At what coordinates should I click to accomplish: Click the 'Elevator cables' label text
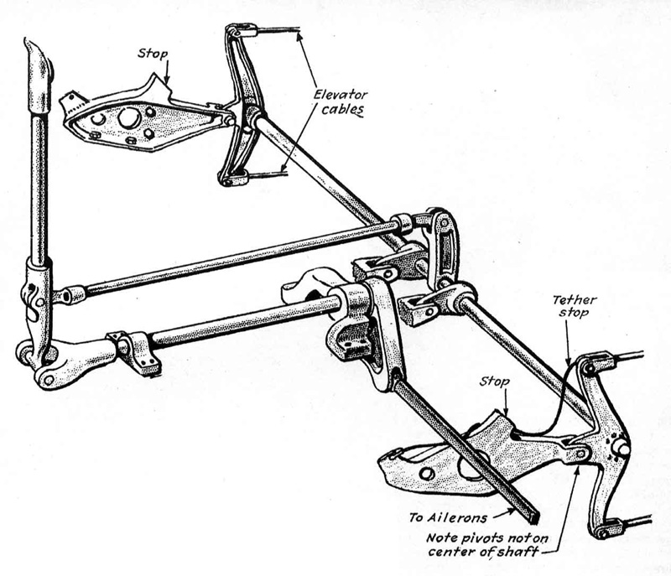[x=341, y=102]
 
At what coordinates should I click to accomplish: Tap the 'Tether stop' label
[x=575, y=306]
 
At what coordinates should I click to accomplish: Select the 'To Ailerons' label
[x=448, y=518]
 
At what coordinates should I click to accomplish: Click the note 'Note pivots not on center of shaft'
[x=487, y=544]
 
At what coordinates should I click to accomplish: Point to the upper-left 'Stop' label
[x=153, y=54]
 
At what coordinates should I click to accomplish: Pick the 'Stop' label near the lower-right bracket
[x=494, y=381]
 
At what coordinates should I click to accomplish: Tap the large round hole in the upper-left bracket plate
[x=129, y=118]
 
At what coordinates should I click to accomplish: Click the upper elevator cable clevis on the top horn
[x=242, y=31]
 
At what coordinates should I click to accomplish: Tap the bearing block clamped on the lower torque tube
[x=137, y=349]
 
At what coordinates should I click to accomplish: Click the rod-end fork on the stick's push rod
[x=70, y=295]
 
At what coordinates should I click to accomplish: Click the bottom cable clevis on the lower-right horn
[x=604, y=528]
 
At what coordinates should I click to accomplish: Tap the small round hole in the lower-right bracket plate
[x=427, y=474]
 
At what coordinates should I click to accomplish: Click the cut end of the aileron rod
[x=533, y=518]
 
